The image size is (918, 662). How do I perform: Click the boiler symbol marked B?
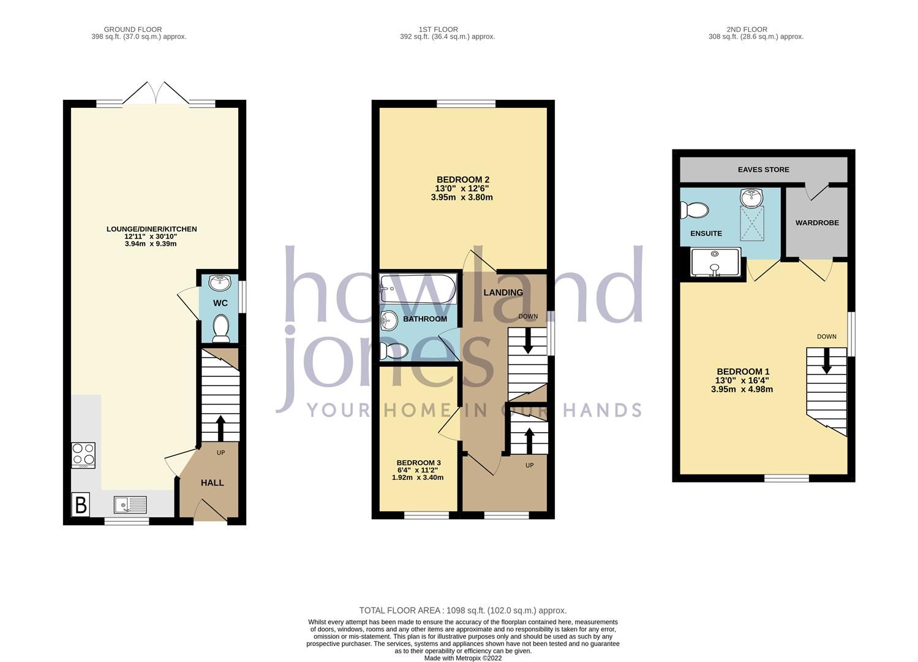coord(81,506)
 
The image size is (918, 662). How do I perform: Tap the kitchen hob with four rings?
coord(84,455)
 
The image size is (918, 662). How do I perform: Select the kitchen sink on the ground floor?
coord(130,505)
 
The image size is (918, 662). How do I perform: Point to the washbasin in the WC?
coord(220,283)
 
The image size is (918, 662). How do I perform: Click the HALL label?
coord(213,483)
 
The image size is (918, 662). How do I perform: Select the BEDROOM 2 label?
coord(462,180)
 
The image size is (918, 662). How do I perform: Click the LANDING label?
coord(503,292)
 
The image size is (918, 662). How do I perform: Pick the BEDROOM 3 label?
coord(418,463)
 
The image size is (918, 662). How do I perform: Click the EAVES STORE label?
coord(763,169)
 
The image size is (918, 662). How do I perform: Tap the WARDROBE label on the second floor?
coord(817,223)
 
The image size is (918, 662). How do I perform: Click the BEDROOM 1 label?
coord(743,371)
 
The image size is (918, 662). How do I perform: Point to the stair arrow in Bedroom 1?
coord(826,360)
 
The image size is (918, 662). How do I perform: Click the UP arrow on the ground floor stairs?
coord(220,428)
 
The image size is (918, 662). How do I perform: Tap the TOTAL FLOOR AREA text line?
coord(462,611)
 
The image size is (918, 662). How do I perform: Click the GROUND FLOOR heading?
coord(133,29)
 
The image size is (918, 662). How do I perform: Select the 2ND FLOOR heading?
coord(747,29)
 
